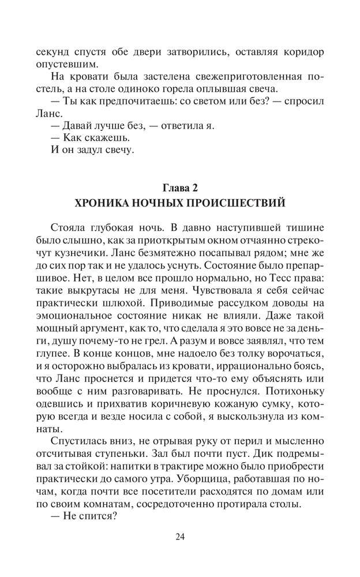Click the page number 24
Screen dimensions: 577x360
tap(180, 537)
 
